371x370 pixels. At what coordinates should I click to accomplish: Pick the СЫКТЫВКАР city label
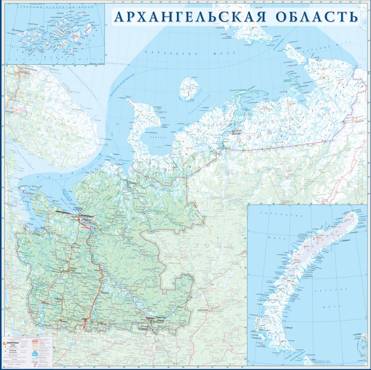tap(203, 310)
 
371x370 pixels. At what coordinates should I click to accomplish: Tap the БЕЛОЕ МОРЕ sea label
tap(48, 176)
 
